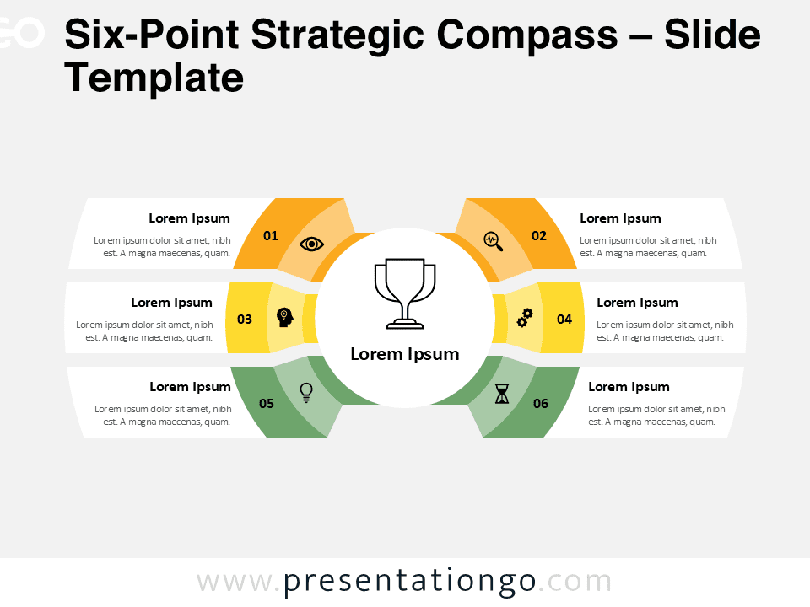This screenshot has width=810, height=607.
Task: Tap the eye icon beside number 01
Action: point(312,244)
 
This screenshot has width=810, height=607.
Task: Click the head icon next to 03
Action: point(285,318)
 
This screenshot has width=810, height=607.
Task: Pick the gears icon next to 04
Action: point(525,318)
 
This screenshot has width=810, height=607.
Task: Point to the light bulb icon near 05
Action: point(306,391)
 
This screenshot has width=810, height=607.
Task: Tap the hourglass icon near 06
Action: point(503,394)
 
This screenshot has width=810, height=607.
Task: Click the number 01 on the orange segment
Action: point(270,236)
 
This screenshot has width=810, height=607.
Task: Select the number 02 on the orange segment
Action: point(539,236)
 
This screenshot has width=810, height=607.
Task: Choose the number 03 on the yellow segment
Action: point(245,319)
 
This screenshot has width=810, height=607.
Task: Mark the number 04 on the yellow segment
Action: point(564,319)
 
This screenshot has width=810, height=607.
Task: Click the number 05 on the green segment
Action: point(267,403)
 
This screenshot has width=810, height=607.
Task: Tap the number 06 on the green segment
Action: point(541,403)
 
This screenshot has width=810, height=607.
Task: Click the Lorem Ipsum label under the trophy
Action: point(405,354)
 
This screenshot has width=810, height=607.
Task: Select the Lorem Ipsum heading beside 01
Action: point(189,218)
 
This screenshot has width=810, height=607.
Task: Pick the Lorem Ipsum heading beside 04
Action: point(637,303)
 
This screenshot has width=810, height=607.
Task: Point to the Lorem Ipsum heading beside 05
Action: point(190,387)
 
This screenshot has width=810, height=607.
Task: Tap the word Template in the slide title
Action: point(154,78)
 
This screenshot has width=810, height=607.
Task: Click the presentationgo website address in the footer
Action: point(405,582)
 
